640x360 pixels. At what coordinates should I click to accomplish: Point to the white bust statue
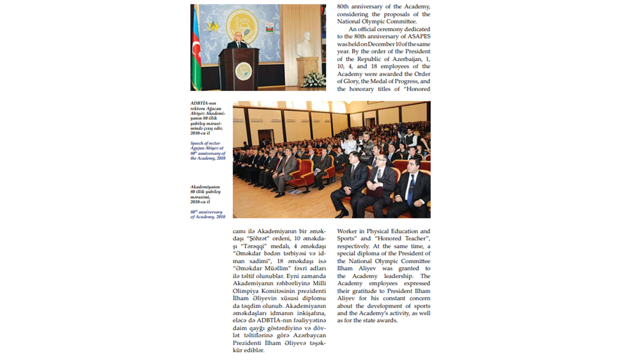click(x=306, y=46)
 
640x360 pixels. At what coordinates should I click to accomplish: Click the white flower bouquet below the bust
click(x=313, y=79)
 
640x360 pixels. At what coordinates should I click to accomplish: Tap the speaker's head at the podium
click(x=238, y=37)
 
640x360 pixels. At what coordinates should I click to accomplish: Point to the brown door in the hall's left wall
click(x=265, y=137)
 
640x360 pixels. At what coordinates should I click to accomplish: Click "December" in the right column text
click(x=382, y=44)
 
